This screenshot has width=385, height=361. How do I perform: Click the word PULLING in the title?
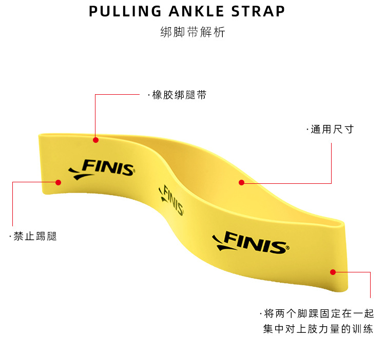coord(121,11)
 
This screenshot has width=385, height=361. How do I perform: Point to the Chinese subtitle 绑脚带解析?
coord(192,32)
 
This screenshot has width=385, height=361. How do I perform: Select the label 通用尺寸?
coord(332,130)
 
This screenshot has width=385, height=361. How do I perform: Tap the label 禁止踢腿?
coord(35,236)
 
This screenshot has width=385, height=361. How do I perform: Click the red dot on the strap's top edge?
coord(95,139)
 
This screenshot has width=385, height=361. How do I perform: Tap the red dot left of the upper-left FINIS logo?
coord(59,182)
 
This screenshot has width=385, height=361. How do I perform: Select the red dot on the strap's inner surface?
coord(241,182)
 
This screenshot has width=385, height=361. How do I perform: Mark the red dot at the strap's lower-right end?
coord(333,272)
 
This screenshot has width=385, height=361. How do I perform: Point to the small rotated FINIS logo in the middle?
coord(172,200)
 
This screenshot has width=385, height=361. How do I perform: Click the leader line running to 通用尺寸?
coord(331,164)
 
